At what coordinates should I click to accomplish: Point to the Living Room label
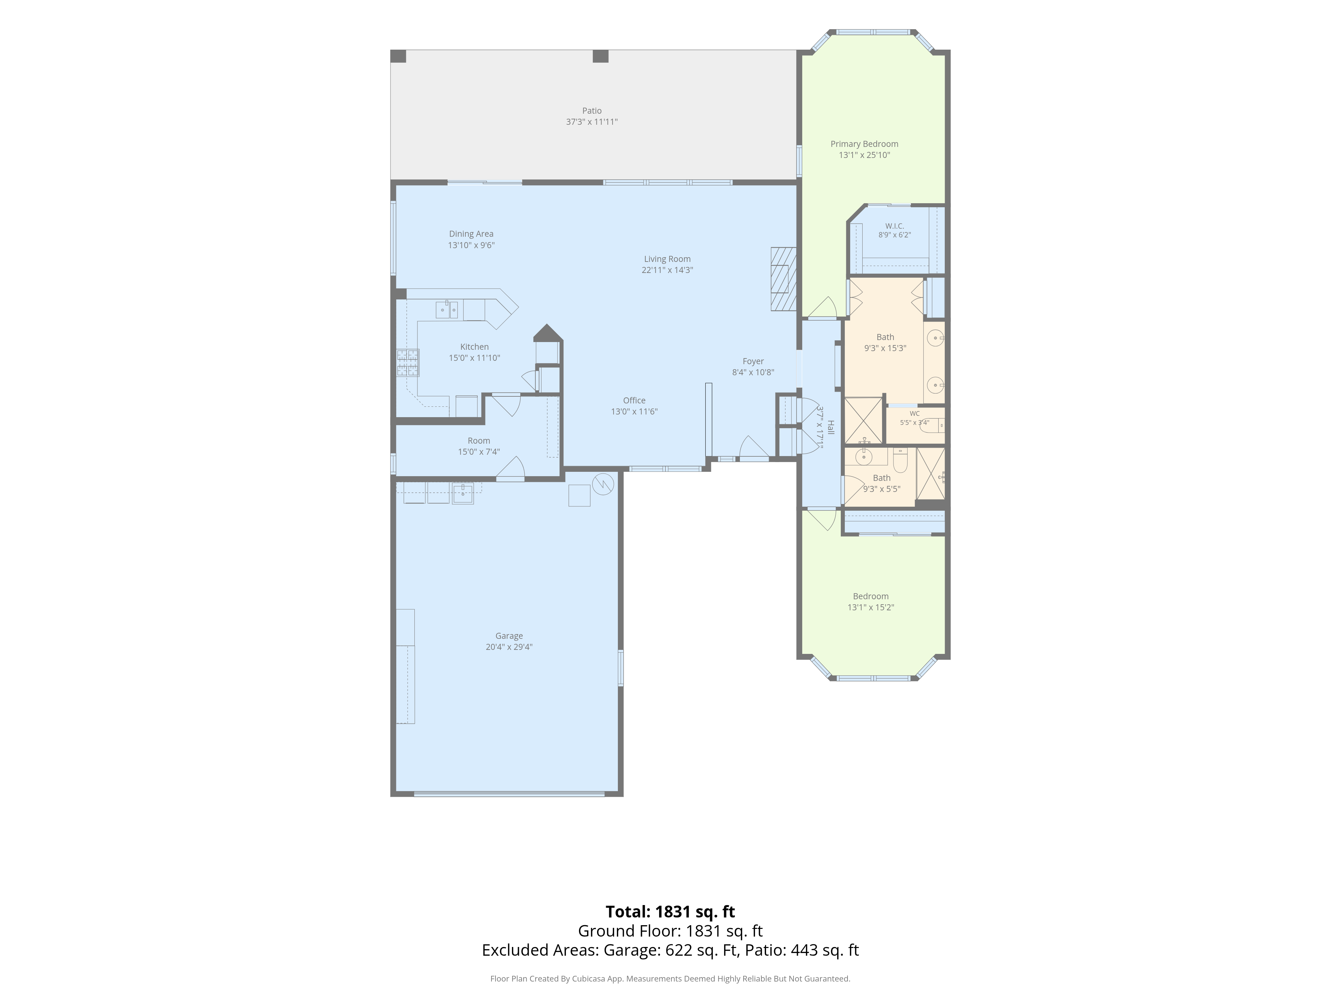tap(667, 259)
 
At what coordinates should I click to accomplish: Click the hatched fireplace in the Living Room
tap(783, 279)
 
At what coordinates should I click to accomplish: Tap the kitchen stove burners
tap(407, 362)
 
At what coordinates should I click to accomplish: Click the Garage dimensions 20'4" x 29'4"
tap(509, 647)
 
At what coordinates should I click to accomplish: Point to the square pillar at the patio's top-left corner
tap(398, 56)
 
